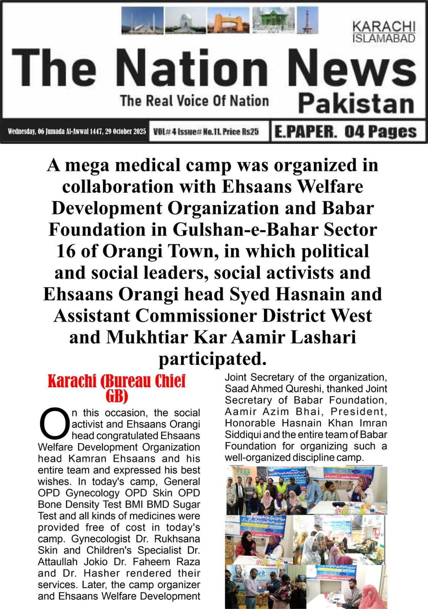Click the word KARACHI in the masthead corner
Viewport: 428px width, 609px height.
(x=383, y=27)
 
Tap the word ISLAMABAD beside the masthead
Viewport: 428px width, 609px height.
(x=383, y=38)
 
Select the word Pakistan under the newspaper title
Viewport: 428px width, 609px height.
(x=356, y=104)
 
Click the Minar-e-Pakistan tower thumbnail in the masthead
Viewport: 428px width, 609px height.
(x=307, y=20)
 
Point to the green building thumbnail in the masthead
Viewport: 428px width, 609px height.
(x=274, y=20)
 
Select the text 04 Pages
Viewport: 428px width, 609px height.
(x=380, y=132)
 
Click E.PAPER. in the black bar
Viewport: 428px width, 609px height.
(x=305, y=132)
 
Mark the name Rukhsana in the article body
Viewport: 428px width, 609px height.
(x=179, y=539)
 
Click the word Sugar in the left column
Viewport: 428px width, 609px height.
(x=186, y=505)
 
